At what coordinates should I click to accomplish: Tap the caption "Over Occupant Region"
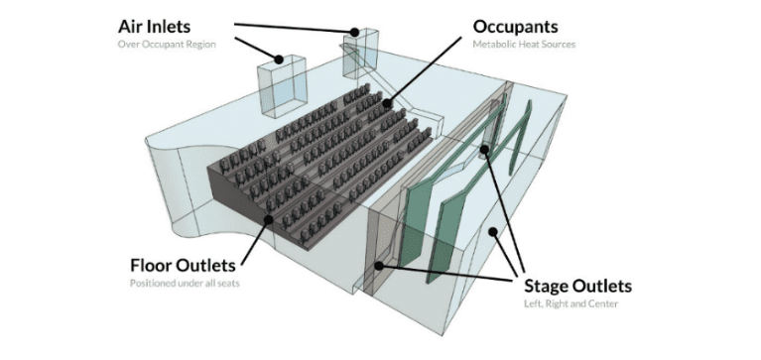pyautogui.click(x=167, y=45)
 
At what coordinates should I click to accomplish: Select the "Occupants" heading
pyautogui.click(x=515, y=27)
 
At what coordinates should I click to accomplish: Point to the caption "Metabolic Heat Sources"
pyautogui.click(x=524, y=45)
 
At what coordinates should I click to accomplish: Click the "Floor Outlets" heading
pyautogui.click(x=183, y=266)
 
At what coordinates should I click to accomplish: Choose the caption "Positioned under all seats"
pyautogui.click(x=185, y=283)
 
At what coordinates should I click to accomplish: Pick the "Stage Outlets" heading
pyautogui.click(x=578, y=287)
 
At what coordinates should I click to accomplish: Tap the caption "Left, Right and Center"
pyautogui.click(x=571, y=304)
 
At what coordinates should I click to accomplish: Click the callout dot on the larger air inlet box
pyautogui.click(x=279, y=60)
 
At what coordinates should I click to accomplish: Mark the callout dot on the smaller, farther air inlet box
pyautogui.click(x=355, y=33)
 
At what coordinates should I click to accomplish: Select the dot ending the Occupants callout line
pyautogui.click(x=387, y=103)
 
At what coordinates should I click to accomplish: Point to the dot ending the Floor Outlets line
pyautogui.click(x=268, y=220)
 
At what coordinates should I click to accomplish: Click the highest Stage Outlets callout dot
pyautogui.click(x=484, y=150)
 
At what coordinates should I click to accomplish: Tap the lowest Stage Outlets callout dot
pyautogui.click(x=379, y=266)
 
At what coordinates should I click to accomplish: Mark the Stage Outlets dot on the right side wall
pyautogui.click(x=492, y=232)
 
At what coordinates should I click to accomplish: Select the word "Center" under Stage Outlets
pyautogui.click(x=604, y=304)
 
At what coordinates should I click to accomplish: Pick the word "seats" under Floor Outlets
pyautogui.click(x=228, y=283)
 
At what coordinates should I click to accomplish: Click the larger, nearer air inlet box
pyautogui.click(x=282, y=86)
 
